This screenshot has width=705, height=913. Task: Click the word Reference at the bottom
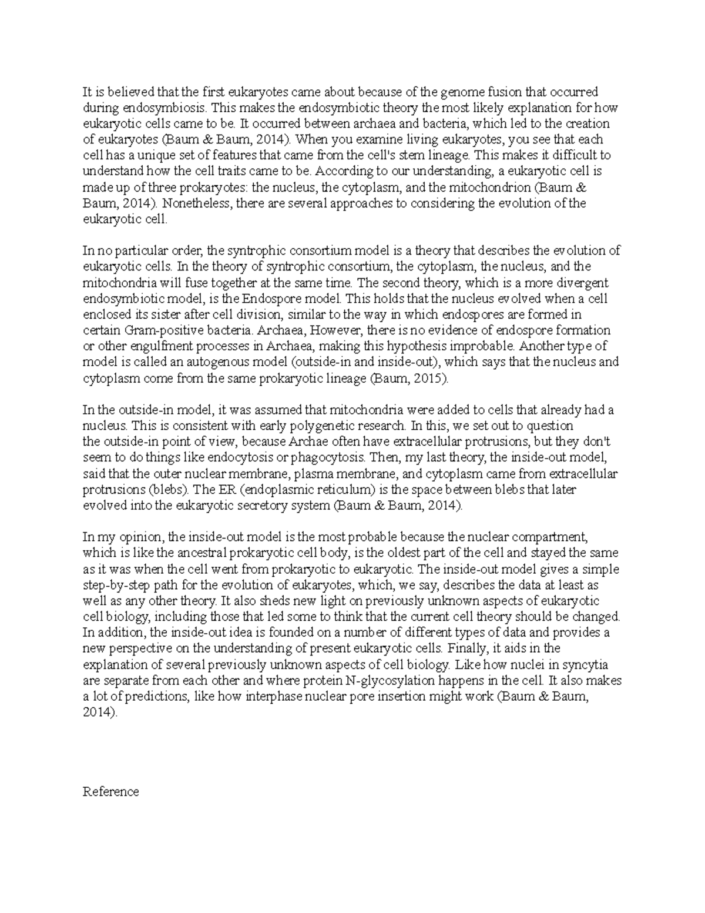coord(110,792)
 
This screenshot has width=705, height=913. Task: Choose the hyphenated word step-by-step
coord(116,585)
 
